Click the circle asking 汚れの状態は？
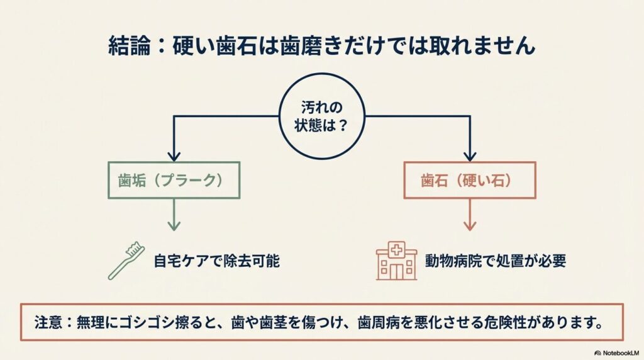pyautogui.click(x=321, y=116)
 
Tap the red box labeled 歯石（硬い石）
pyautogui.click(x=469, y=181)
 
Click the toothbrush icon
pyautogui.click(x=127, y=260)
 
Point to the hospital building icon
pyautogui.click(x=396, y=260)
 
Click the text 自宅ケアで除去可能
pyautogui.click(x=216, y=261)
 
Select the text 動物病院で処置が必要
pyautogui.click(x=495, y=261)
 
